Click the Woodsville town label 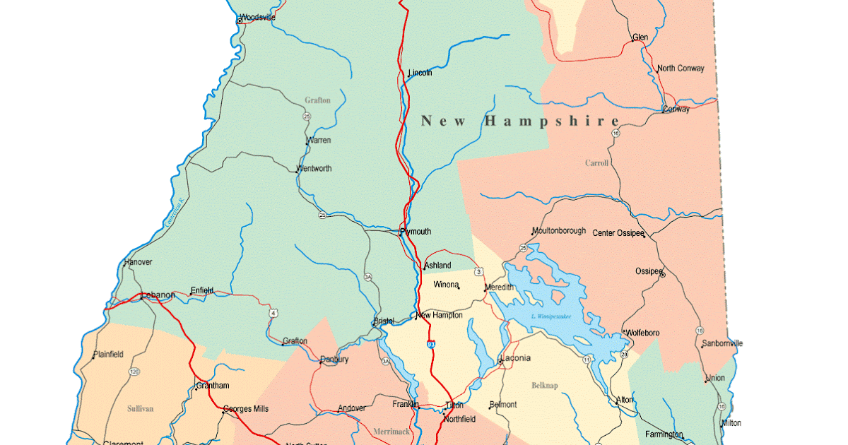258,18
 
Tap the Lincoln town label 420,73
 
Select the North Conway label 681,69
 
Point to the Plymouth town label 416,232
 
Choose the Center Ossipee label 618,233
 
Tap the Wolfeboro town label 642,333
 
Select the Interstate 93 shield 430,344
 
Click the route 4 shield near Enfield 273,312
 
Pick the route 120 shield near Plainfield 134,372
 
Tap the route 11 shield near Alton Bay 587,360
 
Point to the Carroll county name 596,163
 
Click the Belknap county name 545,386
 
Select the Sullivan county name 141,408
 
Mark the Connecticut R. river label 174,211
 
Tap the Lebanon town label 158,295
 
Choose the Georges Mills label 246,408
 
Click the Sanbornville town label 722,344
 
